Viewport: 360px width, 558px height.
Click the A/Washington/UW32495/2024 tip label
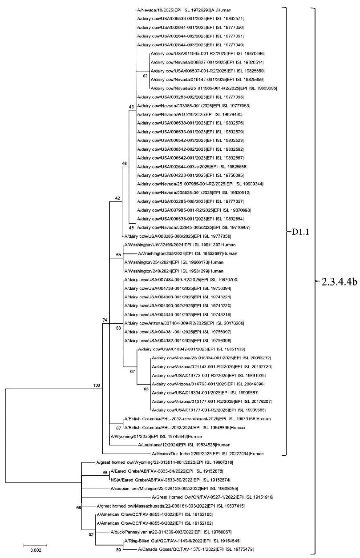pyautogui.click(x=174, y=245)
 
